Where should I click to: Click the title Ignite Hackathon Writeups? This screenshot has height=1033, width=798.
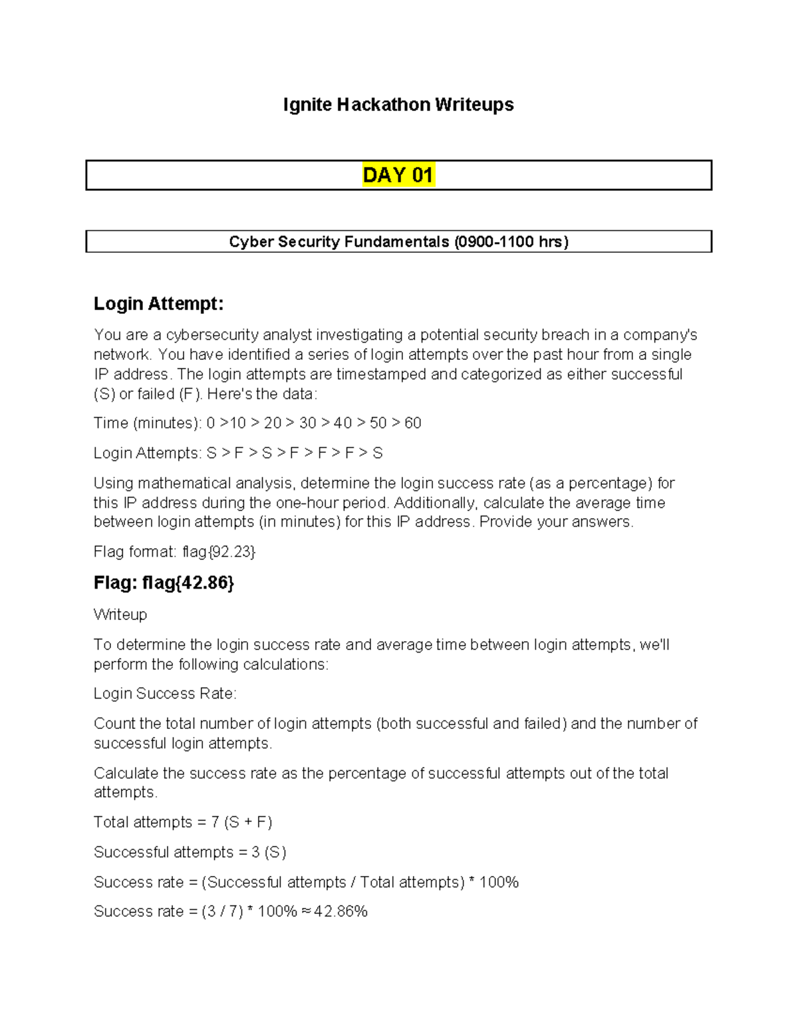pyautogui.click(x=398, y=105)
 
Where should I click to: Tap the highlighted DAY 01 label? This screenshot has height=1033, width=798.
pyautogui.click(x=398, y=175)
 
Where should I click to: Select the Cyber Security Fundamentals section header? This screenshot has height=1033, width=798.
pyautogui.click(x=340, y=241)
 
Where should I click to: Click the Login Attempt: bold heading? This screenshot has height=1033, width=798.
pyautogui.click(x=158, y=304)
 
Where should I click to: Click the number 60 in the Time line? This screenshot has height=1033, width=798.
pyautogui.click(x=412, y=423)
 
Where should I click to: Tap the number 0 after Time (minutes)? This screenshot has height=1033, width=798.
pyautogui.click(x=211, y=423)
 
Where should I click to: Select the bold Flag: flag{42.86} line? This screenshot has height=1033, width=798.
pyautogui.click(x=164, y=583)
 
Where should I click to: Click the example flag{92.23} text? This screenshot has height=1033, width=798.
pyautogui.click(x=219, y=551)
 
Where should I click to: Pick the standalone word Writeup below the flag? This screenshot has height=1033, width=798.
pyautogui.click(x=120, y=614)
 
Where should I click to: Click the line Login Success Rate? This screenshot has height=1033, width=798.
pyautogui.click(x=165, y=694)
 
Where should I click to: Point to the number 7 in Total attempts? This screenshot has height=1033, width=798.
pyautogui.click(x=215, y=822)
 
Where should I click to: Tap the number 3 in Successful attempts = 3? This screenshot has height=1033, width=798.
pyautogui.click(x=255, y=852)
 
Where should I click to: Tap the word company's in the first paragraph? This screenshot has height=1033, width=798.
pyautogui.click(x=660, y=335)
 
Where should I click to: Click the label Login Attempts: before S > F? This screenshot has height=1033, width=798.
pyautogui.click(x=147, y=453)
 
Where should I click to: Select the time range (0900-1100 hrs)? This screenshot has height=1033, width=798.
pyautogui.click(x=511, y=241)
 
